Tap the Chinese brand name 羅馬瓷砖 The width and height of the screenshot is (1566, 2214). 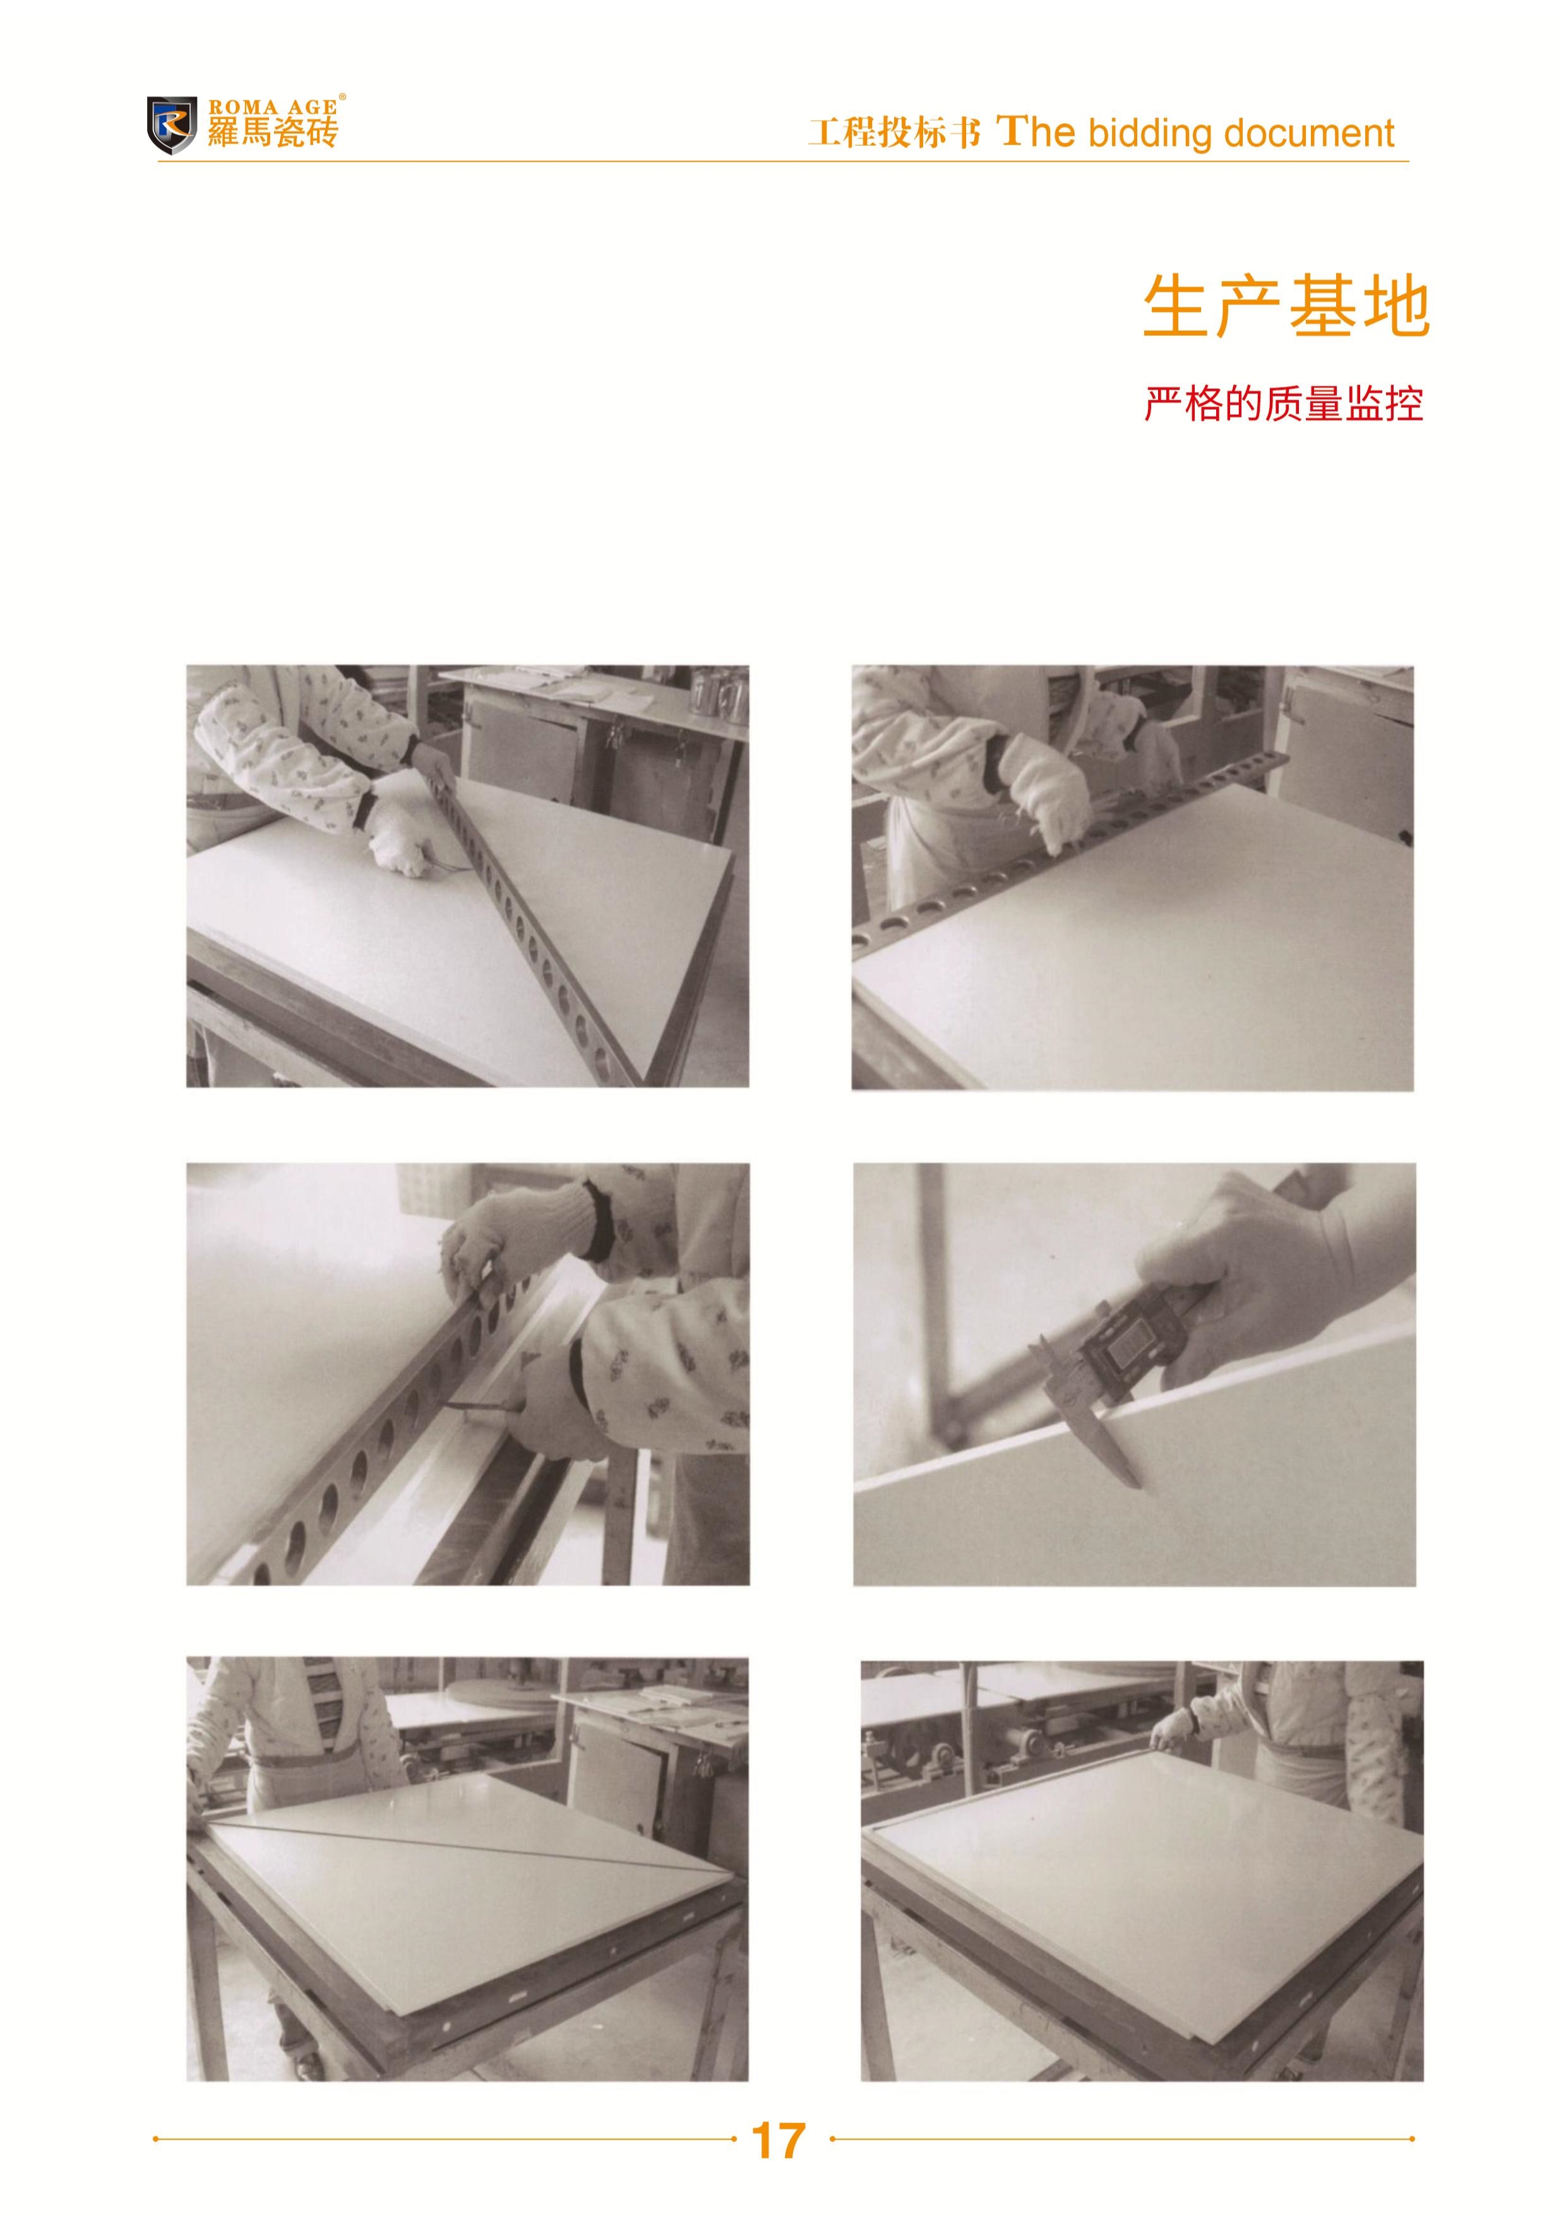273,132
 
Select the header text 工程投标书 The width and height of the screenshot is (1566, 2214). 894,132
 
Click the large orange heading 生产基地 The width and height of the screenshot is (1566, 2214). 1286,307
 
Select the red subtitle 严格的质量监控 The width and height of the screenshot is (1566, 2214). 1284,404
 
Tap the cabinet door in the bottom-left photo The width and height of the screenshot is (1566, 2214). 617,1770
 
